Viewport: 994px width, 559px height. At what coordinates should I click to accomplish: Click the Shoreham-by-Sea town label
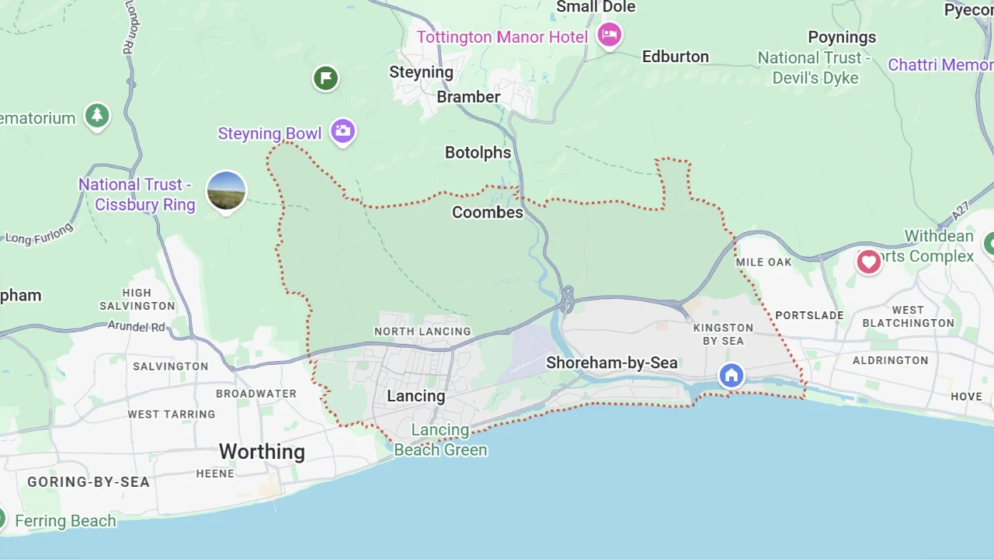[612, 363]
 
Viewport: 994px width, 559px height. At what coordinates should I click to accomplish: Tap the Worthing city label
[262, 452]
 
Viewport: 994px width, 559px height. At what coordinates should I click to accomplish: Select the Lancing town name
[416, 396]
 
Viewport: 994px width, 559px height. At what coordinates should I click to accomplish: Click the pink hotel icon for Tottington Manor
[610, 34]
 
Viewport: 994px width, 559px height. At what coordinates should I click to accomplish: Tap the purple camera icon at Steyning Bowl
[342, 130]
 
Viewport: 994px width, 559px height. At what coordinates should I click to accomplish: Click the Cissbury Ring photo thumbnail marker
[226, 191]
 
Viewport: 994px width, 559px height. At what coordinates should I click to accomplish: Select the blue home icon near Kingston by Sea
[731, 376]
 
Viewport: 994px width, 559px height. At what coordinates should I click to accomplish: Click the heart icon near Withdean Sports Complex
[868, 261]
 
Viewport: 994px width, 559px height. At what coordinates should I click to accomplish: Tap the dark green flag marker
[326, 78]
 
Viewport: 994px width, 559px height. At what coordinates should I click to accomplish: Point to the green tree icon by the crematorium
[97, 116]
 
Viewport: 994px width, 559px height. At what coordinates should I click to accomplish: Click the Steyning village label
[421, 72]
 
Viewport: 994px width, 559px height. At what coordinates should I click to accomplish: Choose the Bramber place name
[468, 97]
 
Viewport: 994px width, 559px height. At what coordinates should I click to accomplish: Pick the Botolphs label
[478, 153]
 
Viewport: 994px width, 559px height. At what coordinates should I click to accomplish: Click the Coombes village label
[488, 212]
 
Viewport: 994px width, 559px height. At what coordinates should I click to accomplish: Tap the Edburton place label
[675, 57]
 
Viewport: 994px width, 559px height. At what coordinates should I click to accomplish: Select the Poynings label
[842, 37]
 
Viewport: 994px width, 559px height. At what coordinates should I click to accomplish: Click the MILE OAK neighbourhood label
[764, 262]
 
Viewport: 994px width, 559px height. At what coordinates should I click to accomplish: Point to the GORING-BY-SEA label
[89, 482]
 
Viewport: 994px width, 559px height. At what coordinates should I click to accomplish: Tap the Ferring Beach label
[65, 521]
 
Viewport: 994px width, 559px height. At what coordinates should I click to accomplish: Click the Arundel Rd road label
[136, 326]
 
